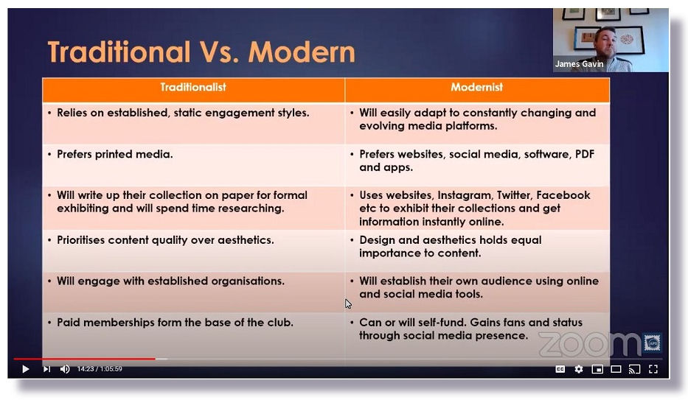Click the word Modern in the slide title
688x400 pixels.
point(302,52)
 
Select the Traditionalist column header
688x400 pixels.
point(193,87)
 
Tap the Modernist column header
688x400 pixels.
point(476,87)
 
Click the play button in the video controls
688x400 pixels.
point(26,369)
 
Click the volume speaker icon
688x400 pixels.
point(64,369)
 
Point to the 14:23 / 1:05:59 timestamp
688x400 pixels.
point(100,369)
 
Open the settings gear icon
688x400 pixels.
point(579,369)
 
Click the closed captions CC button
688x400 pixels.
point(560,369)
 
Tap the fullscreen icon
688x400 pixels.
point(653,369)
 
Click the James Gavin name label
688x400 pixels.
point(579,64)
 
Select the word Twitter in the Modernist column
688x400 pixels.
point(514,195)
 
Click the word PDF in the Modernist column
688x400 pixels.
point(585,154)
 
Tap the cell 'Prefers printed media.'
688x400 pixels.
point(115,154)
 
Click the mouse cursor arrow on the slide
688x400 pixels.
point(348,303)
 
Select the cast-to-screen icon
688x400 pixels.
point(634,369)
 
